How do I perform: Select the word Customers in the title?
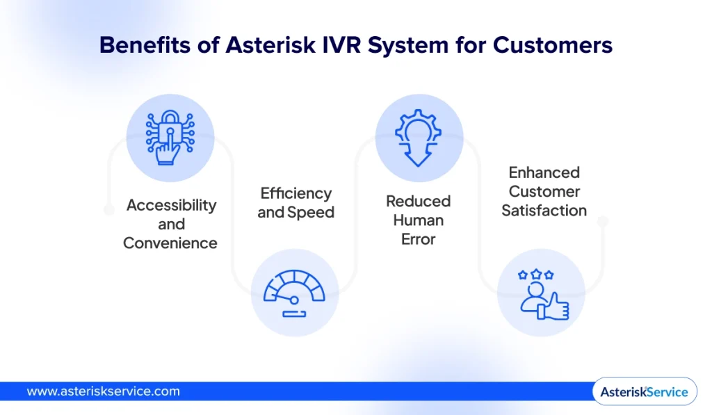coord(553,45)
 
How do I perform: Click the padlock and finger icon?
coord(170,138)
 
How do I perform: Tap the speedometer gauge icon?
coord(294,293)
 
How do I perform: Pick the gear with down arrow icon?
coord(419,138)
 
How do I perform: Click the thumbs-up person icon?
coord(542,295)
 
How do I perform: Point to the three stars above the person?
coord(535,275)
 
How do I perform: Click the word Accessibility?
coord(171,205)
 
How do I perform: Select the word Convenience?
coord(170,243)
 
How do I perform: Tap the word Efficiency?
coord(296,193)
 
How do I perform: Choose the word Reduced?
coord(419,201)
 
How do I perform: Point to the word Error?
coord(419,239)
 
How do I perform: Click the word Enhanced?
coord(544,172)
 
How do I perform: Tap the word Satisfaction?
coord(544,210)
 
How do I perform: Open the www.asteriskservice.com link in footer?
coord(103,391)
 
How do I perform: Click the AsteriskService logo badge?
coord(644,391)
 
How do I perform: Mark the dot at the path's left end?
coord(108,209)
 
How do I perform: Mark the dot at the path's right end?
coord(603,221)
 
